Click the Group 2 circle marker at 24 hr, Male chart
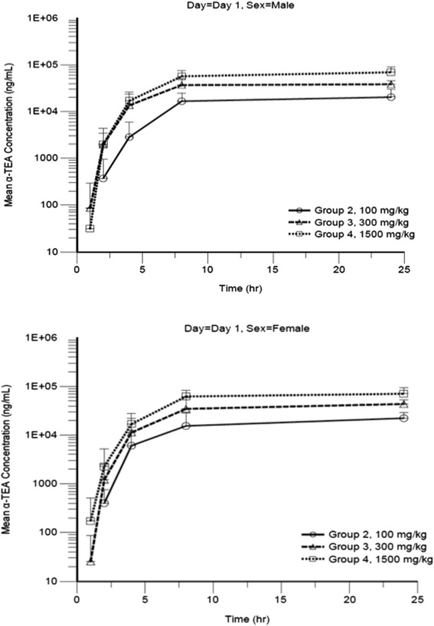(x=391, y=97)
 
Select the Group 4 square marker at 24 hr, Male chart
(x=391, y=72)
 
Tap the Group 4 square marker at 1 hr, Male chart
(x=90, y=228)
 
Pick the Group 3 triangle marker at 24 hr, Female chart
(x=403, y=403)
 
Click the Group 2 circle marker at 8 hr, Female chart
(x=185, y=425)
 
